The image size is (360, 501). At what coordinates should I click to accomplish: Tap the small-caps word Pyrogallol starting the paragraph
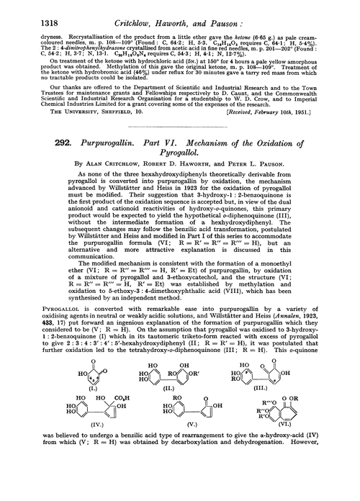click(44, 356)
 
